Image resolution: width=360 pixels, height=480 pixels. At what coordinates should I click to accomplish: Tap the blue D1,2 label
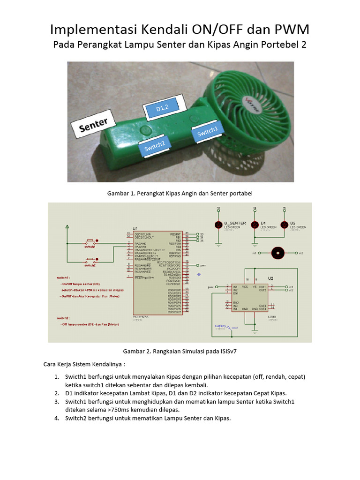point(162,108)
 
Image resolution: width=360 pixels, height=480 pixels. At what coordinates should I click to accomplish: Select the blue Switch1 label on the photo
point(207,133)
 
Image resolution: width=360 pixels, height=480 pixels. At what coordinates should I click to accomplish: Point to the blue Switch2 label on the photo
point(154,147)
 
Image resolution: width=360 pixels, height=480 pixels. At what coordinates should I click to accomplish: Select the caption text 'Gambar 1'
point(120,193)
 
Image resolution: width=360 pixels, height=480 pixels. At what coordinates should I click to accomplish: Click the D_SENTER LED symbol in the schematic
point(218,225)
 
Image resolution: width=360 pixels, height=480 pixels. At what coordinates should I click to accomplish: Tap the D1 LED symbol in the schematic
point(255,225)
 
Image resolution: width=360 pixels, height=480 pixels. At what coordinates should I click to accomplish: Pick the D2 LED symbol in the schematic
point(284,225)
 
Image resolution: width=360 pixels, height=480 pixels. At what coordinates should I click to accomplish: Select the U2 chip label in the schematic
point(270,277)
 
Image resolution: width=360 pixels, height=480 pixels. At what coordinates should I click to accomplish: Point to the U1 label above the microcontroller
point(136,228)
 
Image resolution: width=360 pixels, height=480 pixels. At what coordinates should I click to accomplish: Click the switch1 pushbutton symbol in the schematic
point(90,242)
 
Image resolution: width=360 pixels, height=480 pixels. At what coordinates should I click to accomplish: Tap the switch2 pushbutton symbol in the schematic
point(90,262)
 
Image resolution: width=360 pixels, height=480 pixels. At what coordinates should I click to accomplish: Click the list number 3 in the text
point(56,402)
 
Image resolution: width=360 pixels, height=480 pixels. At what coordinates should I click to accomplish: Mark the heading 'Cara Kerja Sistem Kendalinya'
point(84,364)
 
